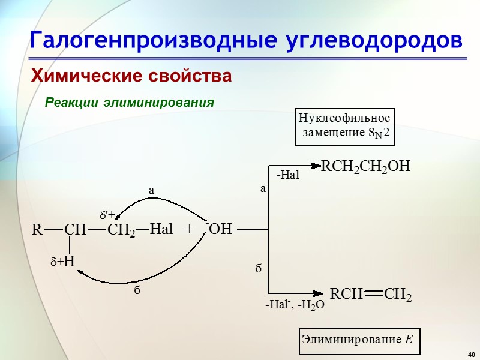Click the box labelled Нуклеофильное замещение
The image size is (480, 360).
coord(345,126)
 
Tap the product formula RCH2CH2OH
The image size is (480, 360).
coord(365,166)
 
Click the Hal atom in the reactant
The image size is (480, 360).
coord(161,229)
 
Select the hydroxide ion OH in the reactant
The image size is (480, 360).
coord(220,229)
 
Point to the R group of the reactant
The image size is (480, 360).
coord(37,229)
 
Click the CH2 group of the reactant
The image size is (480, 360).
coord(121,230)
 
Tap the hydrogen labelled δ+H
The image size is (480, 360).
coord(64,262)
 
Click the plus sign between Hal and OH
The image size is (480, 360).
coord(190,229)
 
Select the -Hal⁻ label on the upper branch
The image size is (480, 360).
coord(289,175)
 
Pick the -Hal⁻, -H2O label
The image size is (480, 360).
coord(295,305)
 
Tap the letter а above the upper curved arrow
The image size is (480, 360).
coord(151,190)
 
